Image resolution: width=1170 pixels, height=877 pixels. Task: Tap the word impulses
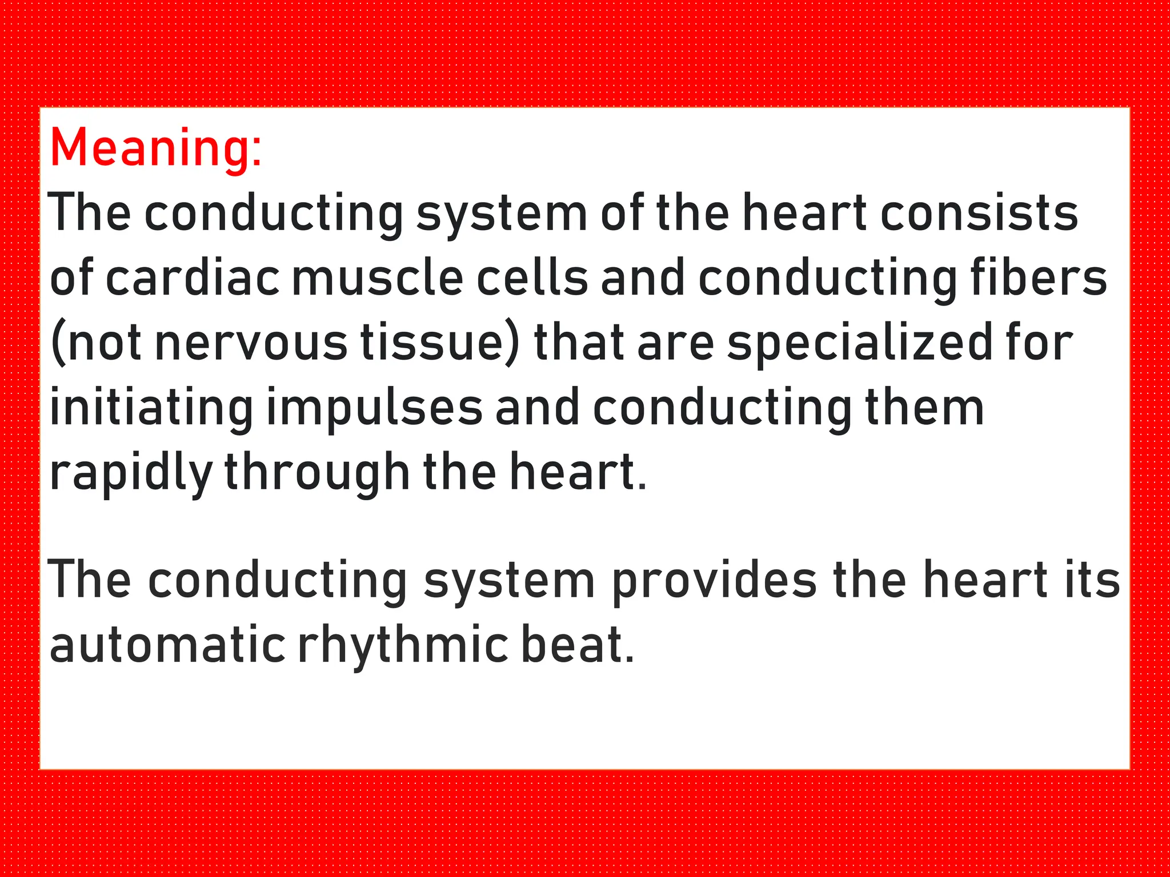click(375, 408)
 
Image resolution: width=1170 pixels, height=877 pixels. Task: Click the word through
click(317, 473)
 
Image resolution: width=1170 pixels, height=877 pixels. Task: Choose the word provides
click(714, 580)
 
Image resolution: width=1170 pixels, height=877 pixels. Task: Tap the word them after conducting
click(925, 408)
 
